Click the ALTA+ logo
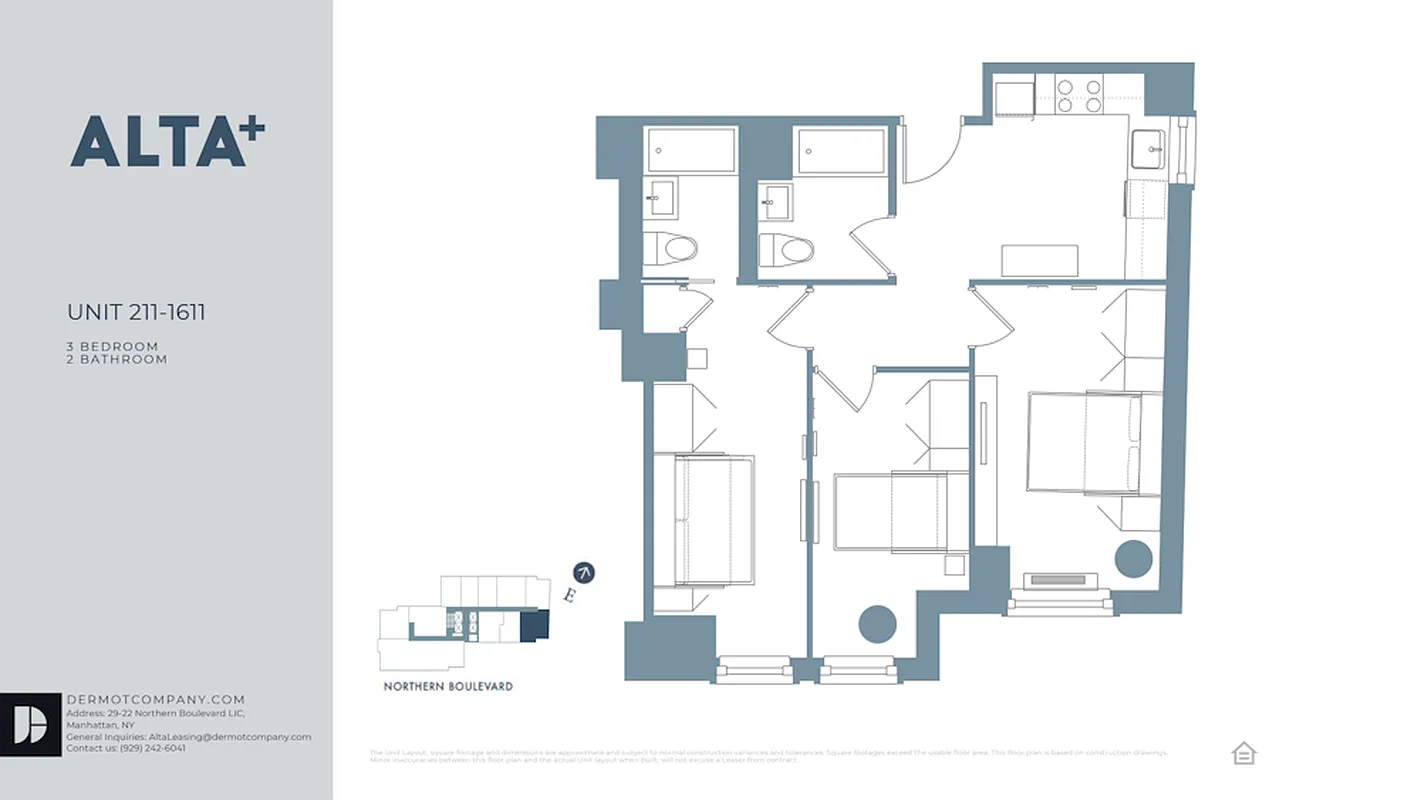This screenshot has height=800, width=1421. coord(167,141)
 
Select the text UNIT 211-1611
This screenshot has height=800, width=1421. coord(136,312)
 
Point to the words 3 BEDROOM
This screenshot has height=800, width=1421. coord(112,346)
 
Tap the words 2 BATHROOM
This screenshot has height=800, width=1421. coord(117,359)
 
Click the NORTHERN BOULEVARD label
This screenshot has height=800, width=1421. coord(448,687)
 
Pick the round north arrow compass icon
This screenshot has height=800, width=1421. coord(585,572)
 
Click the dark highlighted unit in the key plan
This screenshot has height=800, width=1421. coord(534,626)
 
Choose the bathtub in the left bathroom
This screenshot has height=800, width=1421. coord(691,150)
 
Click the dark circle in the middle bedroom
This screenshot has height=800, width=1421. coord(877,624)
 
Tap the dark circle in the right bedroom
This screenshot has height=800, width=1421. coord(1133,559)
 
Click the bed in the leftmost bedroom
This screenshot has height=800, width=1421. coord(714,519)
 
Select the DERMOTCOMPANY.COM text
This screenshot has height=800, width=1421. coord(155,700)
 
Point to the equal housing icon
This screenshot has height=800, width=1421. coord(1243,753)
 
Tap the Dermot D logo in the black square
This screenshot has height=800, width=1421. coord(31,724)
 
